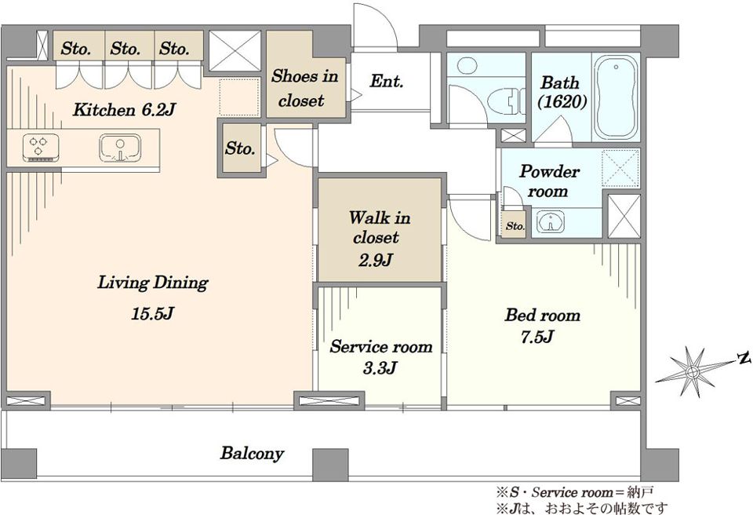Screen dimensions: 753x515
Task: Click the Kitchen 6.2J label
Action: point(123,110)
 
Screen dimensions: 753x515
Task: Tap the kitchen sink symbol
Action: point(120,148)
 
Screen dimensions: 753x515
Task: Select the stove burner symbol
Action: point(42,148)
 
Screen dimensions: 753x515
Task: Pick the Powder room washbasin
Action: point(551,223)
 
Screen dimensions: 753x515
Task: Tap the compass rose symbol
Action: point(692,371)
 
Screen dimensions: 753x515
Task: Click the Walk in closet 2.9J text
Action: point(380,239)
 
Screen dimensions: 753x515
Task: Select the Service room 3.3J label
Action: point(381,356)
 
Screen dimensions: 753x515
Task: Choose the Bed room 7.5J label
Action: point(542,325)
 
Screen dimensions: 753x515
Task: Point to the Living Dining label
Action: point(153,283)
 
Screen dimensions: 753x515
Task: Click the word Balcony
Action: point(252,453)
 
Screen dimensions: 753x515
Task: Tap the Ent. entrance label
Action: point(386,81)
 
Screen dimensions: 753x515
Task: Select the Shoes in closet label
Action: point(304,88)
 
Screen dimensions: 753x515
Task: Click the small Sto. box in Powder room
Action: point(515,225)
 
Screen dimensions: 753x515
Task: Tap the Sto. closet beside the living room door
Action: point(240,148)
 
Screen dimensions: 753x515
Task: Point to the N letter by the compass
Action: point(744,358)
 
